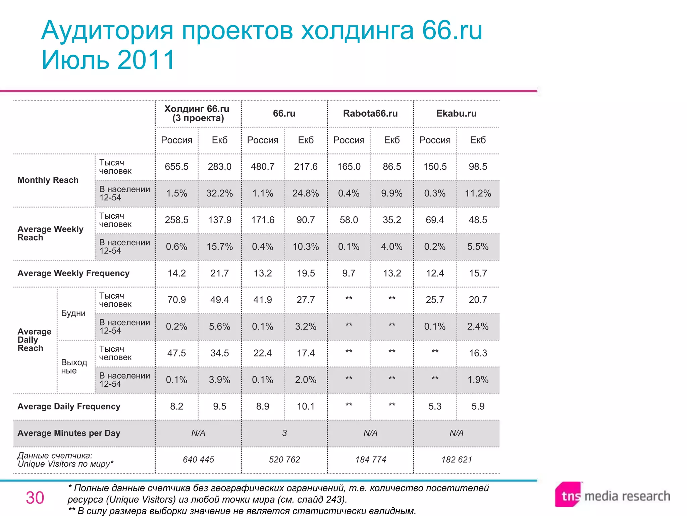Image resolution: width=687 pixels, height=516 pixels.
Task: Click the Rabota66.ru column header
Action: [x=370, y=114]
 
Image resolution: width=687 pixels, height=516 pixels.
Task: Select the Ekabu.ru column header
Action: [x=456, y=114]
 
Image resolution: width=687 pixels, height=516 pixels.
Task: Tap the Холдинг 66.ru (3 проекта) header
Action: [x=197, y=114]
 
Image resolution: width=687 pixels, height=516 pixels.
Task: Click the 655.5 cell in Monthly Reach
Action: [x=176, y=167]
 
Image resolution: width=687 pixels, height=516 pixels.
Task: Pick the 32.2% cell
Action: [x=219, y=193]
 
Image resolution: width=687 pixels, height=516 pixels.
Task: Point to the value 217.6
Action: [x=306, y=167]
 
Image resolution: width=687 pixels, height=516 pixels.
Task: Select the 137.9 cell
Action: [x=219, y=220]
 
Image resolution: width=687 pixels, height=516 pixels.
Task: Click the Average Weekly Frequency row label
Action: [x=73, y=273]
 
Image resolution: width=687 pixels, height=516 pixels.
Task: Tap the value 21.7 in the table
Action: [x=219, y=273]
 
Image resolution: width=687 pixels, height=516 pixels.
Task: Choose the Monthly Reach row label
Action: [x=48, y=180]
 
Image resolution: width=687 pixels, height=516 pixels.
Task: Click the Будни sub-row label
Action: [x=73, y=313]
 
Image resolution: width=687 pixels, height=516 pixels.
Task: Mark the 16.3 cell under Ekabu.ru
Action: [x=478, y=353]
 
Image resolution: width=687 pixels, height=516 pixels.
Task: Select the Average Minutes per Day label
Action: [x=69, y=433]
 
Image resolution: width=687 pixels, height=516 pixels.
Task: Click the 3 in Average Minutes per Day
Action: [x=284, y=433]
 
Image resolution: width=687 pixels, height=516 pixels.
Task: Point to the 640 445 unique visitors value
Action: [x=198, y=460]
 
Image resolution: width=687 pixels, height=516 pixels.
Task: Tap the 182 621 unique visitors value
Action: [x=457, y=460]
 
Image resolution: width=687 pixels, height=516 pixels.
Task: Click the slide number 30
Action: [x=35, y=498]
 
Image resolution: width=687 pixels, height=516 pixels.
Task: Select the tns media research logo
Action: [x=613, y=496]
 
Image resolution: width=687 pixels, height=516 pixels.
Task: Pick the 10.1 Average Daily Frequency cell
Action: [x=306, y=406]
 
